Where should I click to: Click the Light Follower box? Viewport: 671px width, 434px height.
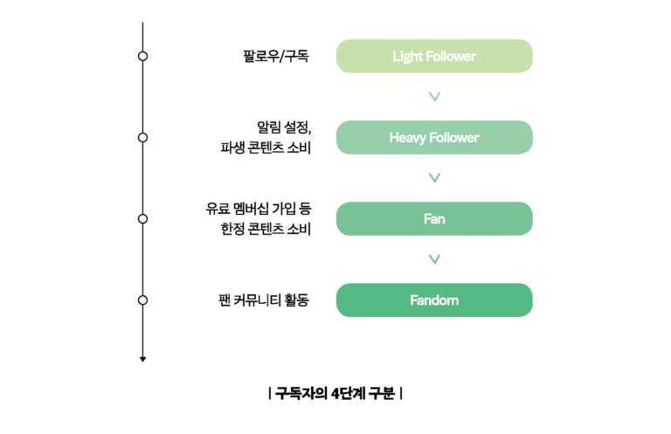pos(434,56)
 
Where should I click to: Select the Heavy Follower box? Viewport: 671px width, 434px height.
pos(434,137)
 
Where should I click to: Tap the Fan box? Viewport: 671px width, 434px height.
pos(434,218)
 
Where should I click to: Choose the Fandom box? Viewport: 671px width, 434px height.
pos(434,300)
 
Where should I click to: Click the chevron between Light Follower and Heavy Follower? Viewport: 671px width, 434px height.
pos(434,97)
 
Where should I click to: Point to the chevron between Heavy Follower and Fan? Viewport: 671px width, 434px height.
pos(434,178)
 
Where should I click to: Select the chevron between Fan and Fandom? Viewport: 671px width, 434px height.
pos(434,259)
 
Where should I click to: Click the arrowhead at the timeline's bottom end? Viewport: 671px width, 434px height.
pos(143,360)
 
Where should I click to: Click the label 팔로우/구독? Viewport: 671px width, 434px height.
pos(276,56)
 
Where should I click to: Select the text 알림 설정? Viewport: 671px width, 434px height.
pos(284,127)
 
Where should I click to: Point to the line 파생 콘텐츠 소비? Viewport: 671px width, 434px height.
pos(266,148)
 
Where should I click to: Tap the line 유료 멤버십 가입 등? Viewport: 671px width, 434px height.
pos(258,209)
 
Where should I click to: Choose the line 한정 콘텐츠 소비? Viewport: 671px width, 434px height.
pos(266,229)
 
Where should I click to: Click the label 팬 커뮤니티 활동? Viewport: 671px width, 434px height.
pos(264,300)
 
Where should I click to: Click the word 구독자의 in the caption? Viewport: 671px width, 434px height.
pos(301,393)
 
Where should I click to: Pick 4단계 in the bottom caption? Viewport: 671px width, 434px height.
pos(348,393)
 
